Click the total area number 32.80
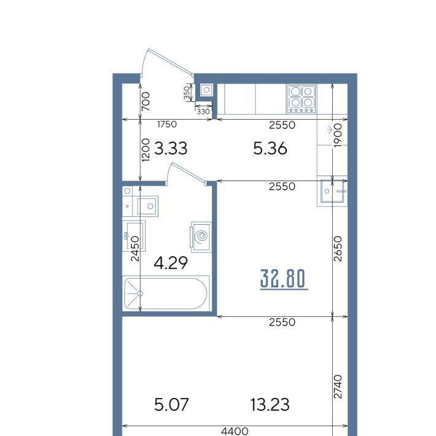coord(284,279)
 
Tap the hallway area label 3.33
coord(171,148)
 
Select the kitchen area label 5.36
coord(270,149)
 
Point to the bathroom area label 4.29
coord(171,263)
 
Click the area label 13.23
coord(270,405)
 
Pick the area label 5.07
coord(171,405)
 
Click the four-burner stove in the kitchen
coord(302,99)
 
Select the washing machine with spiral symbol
coord(201,236)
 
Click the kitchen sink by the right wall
coord(332,191)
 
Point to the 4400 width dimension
coord(235,431)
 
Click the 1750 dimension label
coord(167,124)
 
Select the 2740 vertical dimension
coord(338,386)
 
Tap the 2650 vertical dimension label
coord(338,249)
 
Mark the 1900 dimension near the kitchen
coord(337,136)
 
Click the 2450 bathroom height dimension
coord(135,249)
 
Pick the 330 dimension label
coord(203,112)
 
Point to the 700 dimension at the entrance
coord(146,102)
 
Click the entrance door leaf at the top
coord(171,62)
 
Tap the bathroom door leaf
coord(189,173)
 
